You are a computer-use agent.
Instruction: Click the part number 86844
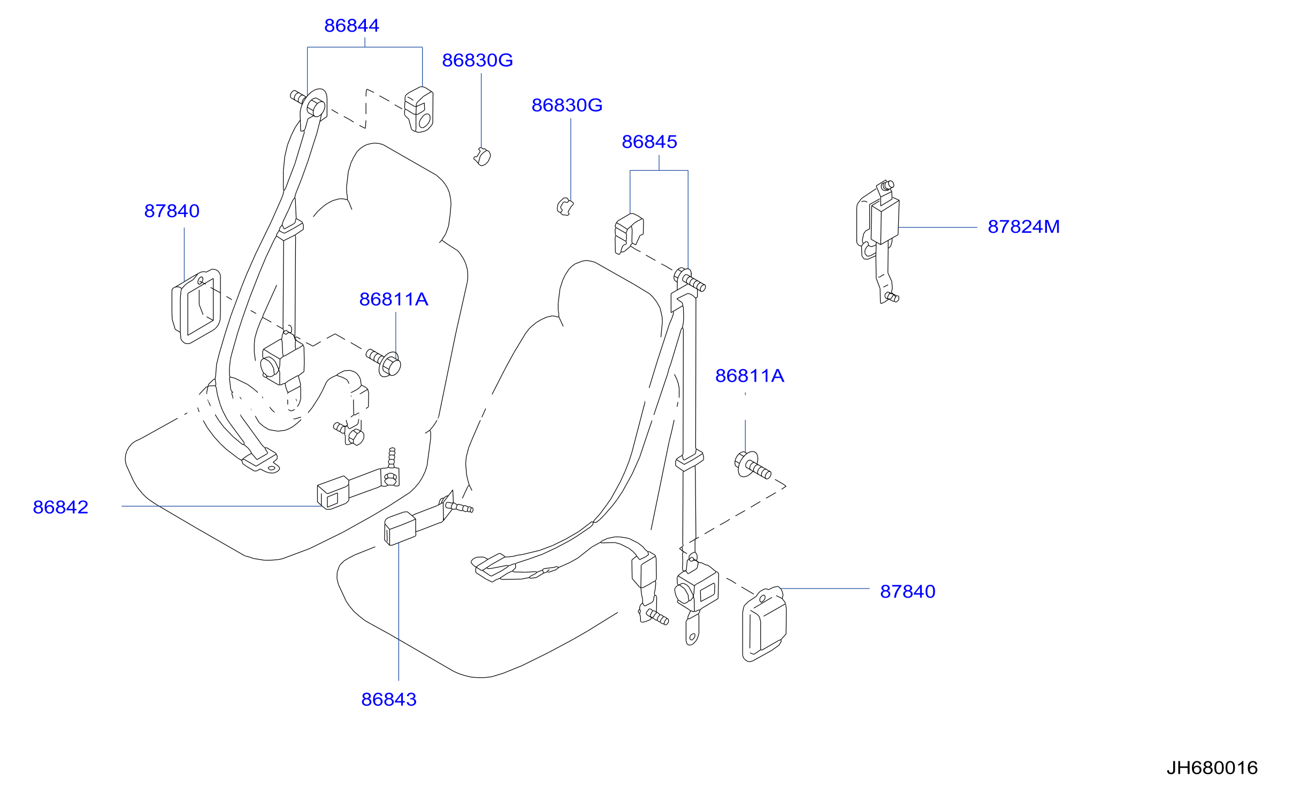coord(351,26)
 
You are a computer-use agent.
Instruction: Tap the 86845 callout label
coord(649,142)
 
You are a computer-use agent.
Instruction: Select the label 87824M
coord(1023,227)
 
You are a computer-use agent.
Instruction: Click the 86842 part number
coord(60,507)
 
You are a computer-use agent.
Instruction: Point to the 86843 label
coord(389,700)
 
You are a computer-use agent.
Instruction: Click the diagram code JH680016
coord(1212,768)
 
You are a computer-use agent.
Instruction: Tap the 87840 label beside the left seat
coord(172,211)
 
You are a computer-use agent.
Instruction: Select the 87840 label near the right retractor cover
coord(908,592)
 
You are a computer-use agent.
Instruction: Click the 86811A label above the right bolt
coord(749,376)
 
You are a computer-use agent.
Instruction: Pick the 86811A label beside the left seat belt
coord(394,300)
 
